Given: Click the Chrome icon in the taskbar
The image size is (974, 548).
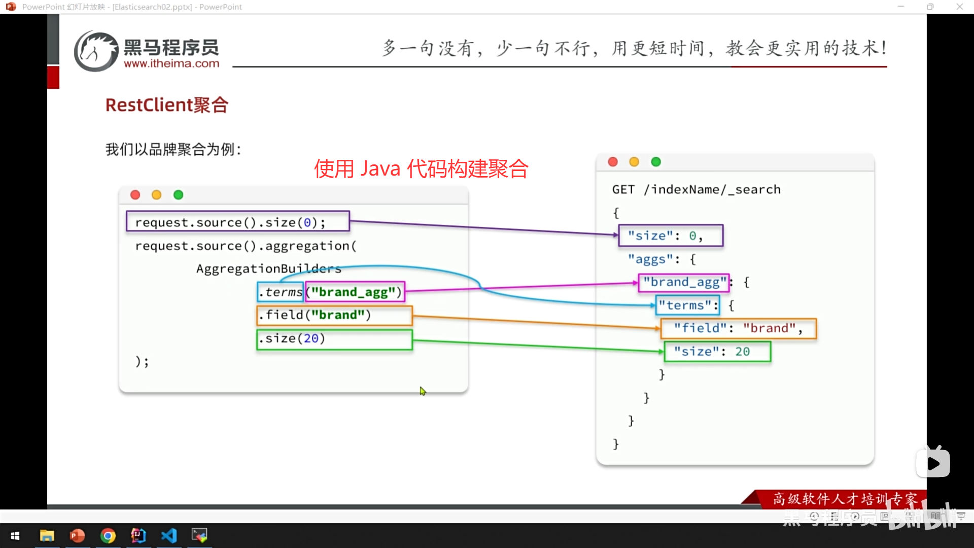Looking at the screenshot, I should tap(108, 536).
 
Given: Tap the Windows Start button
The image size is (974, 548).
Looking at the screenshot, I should tap(15, 536).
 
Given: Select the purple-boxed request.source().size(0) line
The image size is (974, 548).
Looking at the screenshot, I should tap(237, 222).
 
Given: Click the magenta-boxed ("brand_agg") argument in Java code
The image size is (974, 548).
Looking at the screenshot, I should tap(355, 292).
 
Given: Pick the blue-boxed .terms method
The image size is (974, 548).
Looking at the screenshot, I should tap(281, 292).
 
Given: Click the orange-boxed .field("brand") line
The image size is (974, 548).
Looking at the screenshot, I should tap(334, 315).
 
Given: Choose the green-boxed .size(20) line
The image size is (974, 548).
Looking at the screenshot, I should tap(334, 339).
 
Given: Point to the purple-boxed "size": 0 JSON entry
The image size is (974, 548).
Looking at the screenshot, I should tap(671, 235).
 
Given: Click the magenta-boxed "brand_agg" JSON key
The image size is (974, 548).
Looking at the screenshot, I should tap(684, 282).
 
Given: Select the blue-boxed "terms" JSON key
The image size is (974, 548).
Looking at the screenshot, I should tap(688, 305).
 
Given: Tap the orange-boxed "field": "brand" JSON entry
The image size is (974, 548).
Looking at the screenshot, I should tap(738, 328).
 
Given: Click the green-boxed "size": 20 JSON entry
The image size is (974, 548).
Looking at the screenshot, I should tap(717, 351).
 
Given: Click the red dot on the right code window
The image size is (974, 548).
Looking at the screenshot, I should tap(613, 162).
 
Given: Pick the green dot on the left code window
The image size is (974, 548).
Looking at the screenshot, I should tap(178, 195).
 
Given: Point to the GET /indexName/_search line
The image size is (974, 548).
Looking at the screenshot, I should tap(696, 190).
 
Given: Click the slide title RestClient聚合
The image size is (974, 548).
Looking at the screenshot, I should tap(166, 105).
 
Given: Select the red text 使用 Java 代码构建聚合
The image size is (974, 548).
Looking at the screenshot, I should tap(421, 168).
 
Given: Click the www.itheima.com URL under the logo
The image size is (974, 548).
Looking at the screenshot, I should tap(171, 64).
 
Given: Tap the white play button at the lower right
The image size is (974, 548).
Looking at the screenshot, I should tap(933, 463).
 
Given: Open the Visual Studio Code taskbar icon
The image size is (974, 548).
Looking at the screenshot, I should tap(169, 536).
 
